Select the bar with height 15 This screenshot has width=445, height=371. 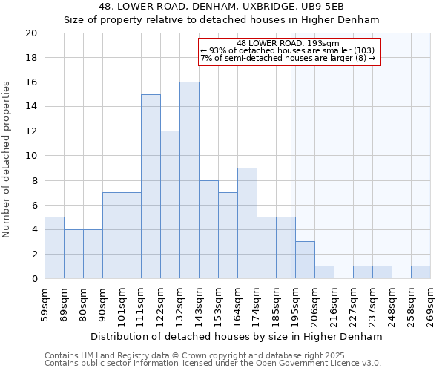(x=151, y=186)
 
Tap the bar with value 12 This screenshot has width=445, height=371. (x=170, y=205)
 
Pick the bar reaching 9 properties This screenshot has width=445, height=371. (x=247, y=223)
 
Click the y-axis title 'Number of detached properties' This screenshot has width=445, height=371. (x=7, y=160)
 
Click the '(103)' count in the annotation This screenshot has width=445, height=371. (x=363, y=50)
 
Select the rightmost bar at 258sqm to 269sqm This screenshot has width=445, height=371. (x=421, y=272)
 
